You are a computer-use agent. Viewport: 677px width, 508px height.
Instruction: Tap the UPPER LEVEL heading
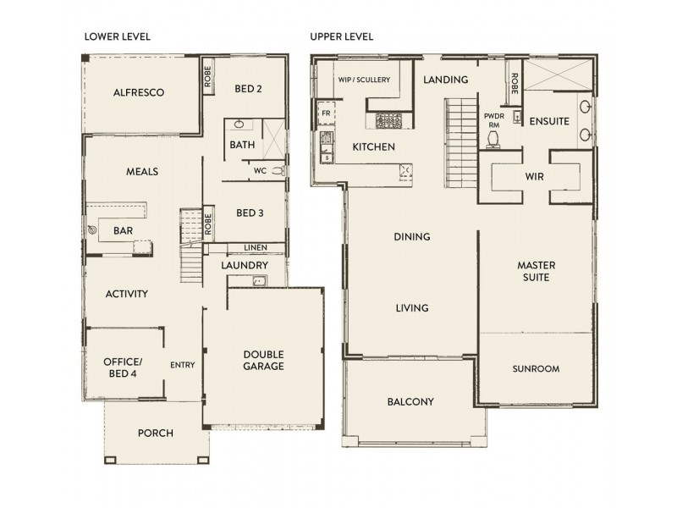(x=342, y=37)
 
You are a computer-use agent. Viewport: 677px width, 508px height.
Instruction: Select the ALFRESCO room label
(x=138, y=91)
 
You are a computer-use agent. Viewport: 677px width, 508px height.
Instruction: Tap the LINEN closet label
(x=255, y=247)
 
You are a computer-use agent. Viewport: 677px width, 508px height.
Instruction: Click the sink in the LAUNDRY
(x=260, y=282)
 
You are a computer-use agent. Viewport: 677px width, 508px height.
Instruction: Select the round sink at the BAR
(x=92, y=229)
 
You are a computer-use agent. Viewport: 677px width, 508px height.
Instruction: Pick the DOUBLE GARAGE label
(x=263, y=360)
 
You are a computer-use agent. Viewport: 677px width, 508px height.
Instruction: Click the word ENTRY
(x=182, y=365)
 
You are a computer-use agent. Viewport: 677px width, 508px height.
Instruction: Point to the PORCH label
(x=155, y=433)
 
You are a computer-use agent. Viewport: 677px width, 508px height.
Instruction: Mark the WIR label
(x=534, y=176)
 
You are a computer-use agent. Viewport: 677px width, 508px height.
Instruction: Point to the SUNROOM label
(x=536, y=369)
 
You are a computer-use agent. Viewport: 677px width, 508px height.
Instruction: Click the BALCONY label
(x=410, y=402)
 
